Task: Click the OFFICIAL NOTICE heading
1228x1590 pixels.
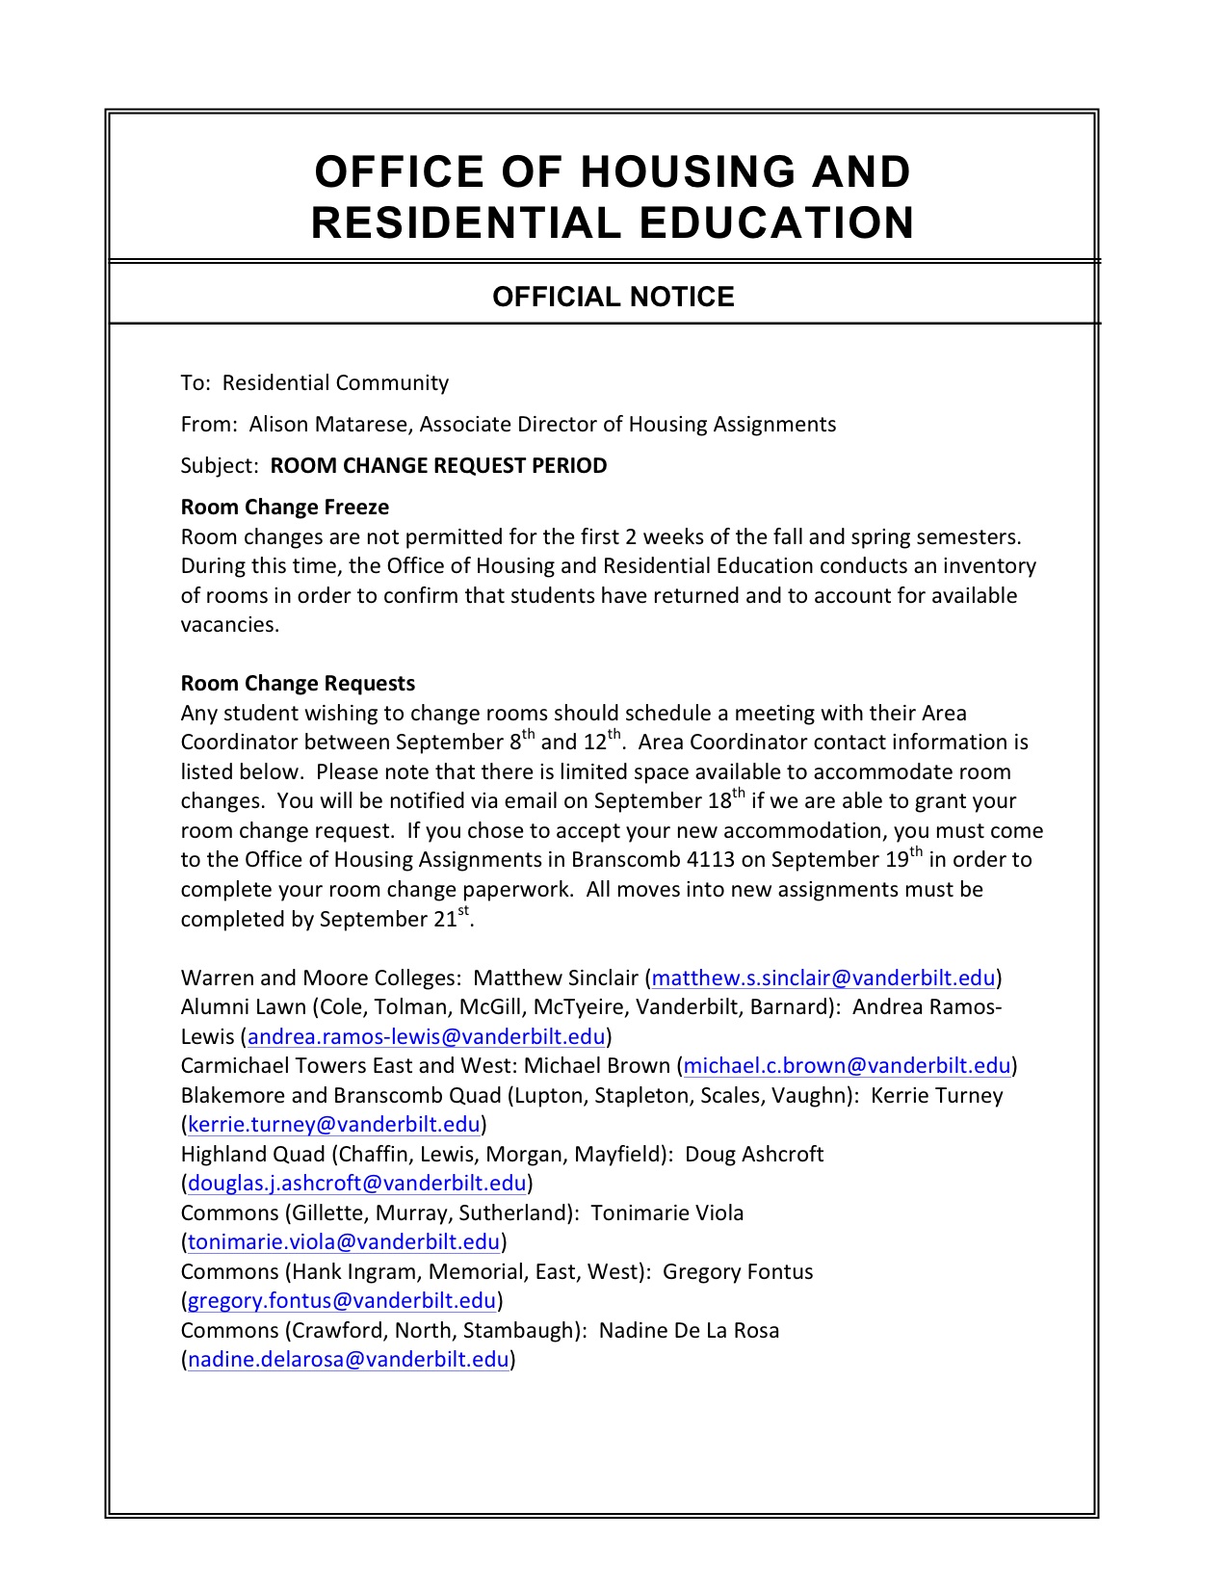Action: point(613,297)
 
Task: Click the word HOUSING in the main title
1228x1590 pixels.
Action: point(687,172)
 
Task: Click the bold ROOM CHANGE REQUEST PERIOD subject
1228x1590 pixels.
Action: point(438,466)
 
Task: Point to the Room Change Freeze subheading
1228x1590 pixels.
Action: point(284,508)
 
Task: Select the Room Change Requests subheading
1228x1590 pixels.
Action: point(298,684)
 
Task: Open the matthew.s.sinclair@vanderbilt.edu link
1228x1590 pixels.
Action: point(823,978)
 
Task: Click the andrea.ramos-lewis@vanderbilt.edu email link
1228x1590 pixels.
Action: point(427,1037)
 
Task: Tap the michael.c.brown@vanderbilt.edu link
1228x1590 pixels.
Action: point(847,1066)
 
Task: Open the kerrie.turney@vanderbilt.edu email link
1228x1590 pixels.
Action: point(333,1125)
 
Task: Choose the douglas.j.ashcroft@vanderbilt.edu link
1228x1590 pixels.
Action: point(356,1184)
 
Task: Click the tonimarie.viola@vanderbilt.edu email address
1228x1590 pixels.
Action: point(344,1242)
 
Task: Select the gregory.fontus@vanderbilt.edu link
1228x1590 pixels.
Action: point(341,1301)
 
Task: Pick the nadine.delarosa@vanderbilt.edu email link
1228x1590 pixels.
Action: point(348,1360)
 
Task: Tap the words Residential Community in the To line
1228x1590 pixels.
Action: point(335,383)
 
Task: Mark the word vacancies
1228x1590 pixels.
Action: point(229,625)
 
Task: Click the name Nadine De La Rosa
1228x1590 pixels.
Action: point(689,1331)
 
